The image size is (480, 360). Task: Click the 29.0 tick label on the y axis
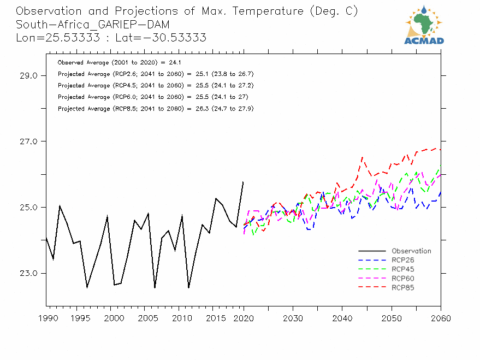[x=26, y=76]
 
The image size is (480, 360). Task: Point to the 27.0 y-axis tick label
[x=26, y=141]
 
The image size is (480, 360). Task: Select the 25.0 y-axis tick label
[x=26, y=208]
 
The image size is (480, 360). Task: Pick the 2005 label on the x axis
[x=145, y=318]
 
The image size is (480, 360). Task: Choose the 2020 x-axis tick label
[x=244, y=318]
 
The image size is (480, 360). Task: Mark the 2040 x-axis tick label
[x=342, y=318]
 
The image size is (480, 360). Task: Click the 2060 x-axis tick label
[x=441, y=318]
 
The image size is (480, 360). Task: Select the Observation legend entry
[x=411, y=251]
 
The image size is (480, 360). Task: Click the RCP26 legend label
[x=402, y=261]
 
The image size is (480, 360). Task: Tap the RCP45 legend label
[x=402, y=269]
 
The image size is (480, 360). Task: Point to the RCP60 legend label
[x=402, y=279]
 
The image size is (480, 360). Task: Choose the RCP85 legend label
[x=402, y=287]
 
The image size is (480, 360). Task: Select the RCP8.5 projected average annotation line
[x=155, y=109]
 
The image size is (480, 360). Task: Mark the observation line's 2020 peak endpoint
[x=243, y=182]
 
